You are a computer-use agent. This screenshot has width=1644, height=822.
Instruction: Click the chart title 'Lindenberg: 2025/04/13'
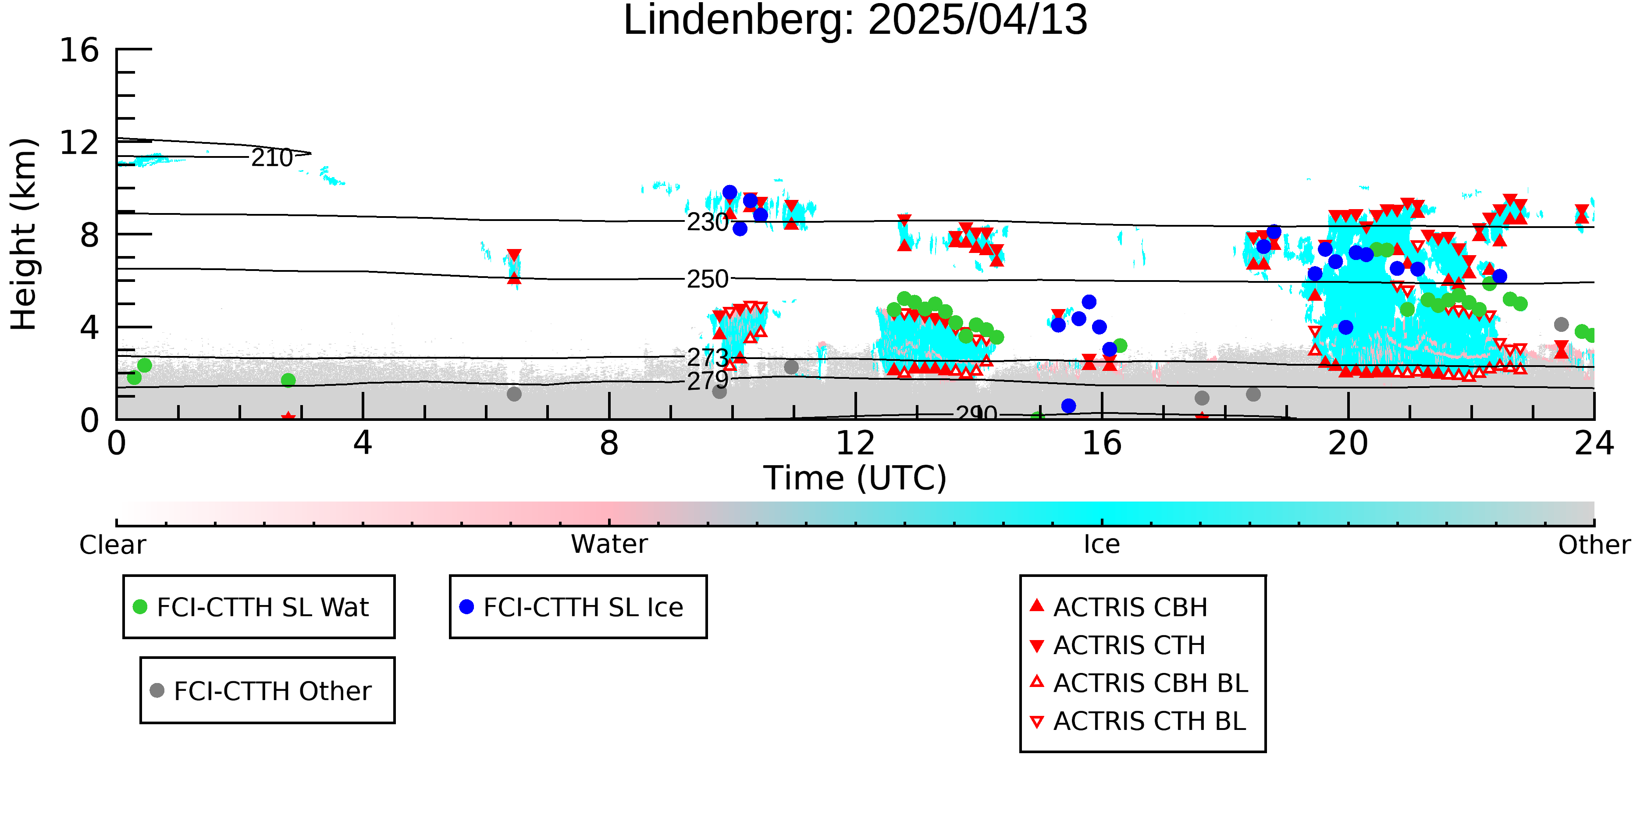[855, 21]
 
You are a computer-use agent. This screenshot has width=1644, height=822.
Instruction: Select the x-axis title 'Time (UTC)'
[855, 478]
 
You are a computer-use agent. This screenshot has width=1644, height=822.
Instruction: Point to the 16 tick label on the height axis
[79, 50]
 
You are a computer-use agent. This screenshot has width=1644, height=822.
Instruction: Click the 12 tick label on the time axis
[855, 443]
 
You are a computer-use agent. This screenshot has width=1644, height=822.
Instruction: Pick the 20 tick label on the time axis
[1348, 443]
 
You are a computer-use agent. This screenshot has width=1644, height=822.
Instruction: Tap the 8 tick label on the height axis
[89, 235]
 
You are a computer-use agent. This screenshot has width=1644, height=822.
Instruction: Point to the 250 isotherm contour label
[708, 279]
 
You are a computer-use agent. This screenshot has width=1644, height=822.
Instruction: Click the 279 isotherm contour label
[708, 381]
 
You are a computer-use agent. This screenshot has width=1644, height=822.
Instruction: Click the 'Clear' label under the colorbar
[113, 545]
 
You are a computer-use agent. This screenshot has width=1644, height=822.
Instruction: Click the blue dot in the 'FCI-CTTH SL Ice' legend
[466, 607]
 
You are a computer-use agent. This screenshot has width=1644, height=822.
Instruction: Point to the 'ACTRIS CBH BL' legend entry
[1140, 683]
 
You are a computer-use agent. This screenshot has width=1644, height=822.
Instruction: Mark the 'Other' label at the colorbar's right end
[1594, 545]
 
